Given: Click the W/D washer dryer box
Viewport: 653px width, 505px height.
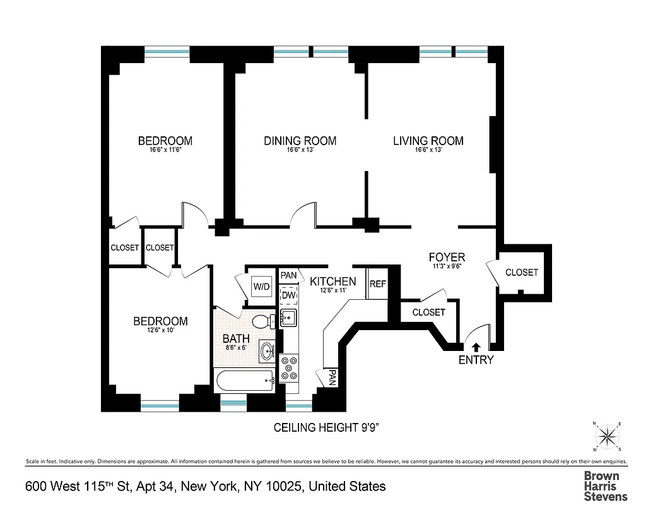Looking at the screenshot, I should (x=261, y=287).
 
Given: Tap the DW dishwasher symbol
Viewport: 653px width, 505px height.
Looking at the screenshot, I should (x=288, y=295).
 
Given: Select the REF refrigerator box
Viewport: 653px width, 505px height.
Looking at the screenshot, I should (x=377, y=284).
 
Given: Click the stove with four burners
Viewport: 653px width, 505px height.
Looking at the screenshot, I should (x=290, y=369).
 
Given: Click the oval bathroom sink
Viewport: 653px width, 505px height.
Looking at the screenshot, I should (x=268, y=350).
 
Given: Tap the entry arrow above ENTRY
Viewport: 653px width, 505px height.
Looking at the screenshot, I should (x=476, y=346).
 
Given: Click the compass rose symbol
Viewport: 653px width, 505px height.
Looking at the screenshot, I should (x=607, y=436).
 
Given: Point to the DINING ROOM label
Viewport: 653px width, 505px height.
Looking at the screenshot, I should (x=300, y=141).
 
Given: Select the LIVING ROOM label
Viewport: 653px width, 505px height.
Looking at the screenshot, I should (x=428, y=141).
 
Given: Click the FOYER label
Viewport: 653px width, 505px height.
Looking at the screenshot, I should (x=447, y=257).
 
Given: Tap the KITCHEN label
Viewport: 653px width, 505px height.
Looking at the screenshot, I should (x=332, y=282).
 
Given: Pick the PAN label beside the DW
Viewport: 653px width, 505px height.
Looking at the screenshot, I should (x=289, y=275).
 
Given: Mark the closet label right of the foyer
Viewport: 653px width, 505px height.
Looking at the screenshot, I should (x=522, y=272).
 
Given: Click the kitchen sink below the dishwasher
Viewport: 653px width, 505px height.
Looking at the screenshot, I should (x=288, y=317).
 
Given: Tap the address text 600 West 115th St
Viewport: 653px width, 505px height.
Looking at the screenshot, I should (x=205, y=486).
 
